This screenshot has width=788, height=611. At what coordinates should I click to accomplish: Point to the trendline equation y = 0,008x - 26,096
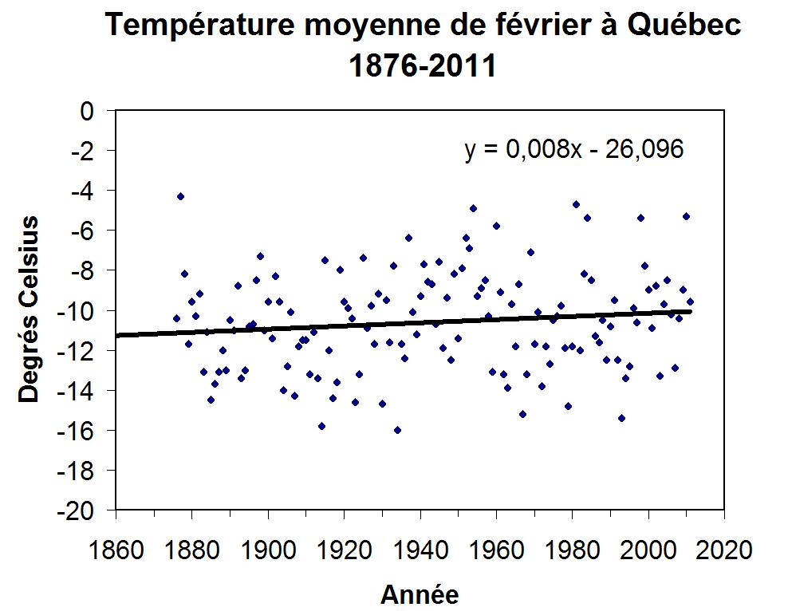pyautogui.click(x=574, y=149)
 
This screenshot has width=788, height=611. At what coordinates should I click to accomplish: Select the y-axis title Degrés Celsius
pyautogui.click(x=30, y=309)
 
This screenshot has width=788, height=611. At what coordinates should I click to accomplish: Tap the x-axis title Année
pyautogui.click(x=420, y=594)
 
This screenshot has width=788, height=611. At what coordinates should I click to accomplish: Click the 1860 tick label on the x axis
pyautogui.click(x=116, y=550)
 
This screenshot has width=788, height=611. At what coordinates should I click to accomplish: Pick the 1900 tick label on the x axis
pyautogui.click(x=268, y=550)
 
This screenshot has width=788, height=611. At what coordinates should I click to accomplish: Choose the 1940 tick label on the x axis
pyautogui.click(x=420, y=550)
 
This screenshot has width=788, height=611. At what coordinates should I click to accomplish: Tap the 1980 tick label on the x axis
pyautogui.click(x=572, y=550)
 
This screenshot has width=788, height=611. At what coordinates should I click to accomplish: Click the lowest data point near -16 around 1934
pyautogui.click(x=397, y=430)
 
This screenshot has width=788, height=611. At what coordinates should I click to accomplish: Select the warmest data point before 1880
pyautogui.click(x=180, y=196)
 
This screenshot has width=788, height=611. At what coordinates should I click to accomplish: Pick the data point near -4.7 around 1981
pyautogui.click(x=576, y=204)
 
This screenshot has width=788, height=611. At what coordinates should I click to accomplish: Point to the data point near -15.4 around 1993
pyautogui.click(x=621, y=418)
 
